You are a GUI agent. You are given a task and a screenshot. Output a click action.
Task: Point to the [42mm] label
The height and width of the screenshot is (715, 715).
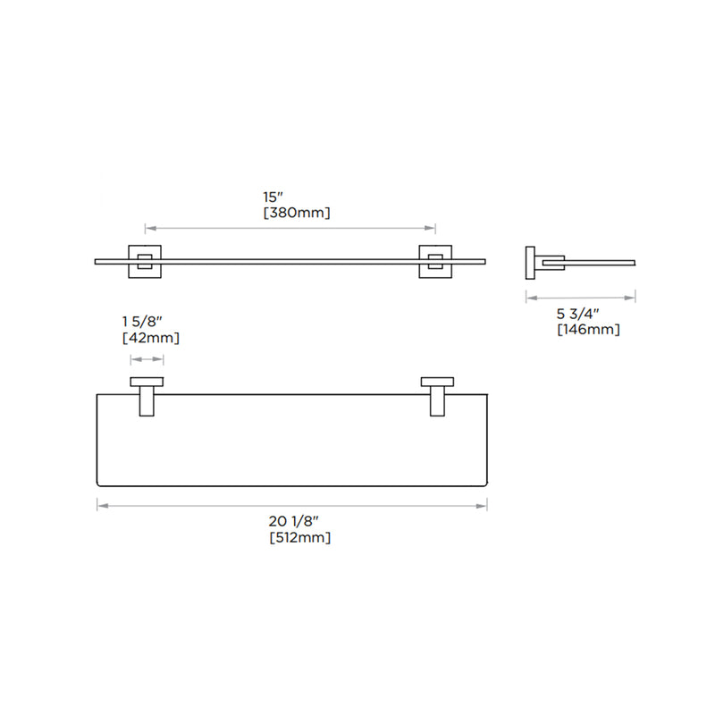pos(150,338)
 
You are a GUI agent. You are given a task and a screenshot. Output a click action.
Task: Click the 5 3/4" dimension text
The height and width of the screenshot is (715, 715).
pos(577,313)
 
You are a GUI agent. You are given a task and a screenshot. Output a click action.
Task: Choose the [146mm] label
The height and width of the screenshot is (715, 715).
pos(588,330)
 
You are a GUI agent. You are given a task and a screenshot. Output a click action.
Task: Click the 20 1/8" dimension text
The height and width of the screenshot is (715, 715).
pos(292,521)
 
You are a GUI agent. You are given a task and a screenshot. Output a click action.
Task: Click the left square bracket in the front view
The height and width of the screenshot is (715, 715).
pos(146,260)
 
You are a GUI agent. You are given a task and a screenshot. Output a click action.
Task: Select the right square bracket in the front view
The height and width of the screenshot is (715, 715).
pos(435,260)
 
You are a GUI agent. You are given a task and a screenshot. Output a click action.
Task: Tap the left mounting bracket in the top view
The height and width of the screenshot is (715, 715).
pos(147,396)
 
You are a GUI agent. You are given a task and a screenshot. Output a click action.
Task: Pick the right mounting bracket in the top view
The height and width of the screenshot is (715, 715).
pos(437,396)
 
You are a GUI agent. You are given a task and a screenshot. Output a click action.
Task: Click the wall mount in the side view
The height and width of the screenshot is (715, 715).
pos(530,261)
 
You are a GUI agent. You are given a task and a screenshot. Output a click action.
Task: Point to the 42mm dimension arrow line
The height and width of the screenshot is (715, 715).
pos(147,359)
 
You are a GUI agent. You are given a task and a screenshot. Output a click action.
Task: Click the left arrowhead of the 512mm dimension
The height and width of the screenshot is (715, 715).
pos(100,506)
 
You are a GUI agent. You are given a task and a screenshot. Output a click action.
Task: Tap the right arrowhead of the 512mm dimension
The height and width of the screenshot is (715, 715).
pos(484,506)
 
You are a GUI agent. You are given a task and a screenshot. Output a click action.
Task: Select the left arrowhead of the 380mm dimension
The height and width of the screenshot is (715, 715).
pos(148,227)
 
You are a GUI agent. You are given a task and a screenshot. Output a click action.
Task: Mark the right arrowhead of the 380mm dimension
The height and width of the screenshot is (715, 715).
pos(433,227)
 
